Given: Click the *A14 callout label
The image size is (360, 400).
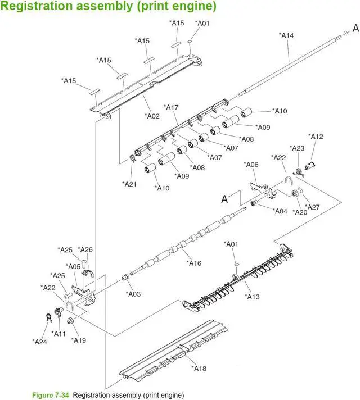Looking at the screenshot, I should click(286, 35).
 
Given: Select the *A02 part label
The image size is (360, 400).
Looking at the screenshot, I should click(153, 116).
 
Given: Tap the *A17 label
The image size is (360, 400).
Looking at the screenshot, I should click(171, 107).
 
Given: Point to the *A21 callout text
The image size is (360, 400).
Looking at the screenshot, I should click(130, 184).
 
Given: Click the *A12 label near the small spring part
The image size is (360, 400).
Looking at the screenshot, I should click(317, 137).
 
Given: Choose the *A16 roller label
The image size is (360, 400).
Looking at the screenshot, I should click(194, 263).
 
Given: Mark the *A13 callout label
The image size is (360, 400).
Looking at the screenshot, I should click(253, 297).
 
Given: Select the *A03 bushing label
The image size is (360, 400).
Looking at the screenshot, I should click(133, 293).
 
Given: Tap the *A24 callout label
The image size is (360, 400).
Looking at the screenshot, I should click(39, 341).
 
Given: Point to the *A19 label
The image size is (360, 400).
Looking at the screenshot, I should click(79, 340).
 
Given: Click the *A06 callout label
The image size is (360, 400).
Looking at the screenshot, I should click(251, 165).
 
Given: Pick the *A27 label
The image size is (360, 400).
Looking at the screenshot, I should click(312, 207).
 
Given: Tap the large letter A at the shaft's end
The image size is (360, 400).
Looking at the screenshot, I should click(355, 28).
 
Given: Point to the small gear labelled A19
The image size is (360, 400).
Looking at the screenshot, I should click(70, 321).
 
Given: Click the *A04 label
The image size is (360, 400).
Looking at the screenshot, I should click(280, 211).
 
